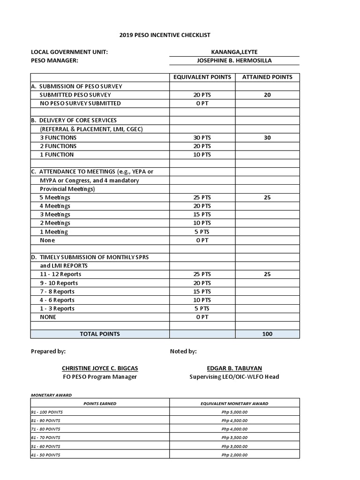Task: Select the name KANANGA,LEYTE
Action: [234, 52]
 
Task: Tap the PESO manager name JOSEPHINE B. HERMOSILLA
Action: [234, 60]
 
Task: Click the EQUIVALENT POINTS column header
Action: [202, 77]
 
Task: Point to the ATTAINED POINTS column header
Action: [267, 77]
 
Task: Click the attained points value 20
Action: [267, 95]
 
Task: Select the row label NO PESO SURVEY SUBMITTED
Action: [80, 103]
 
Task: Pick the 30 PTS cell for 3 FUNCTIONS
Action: [202, 138]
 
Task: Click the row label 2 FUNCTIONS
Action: [58, 146]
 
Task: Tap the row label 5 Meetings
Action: [55, 197]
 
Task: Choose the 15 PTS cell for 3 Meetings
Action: [202, 215]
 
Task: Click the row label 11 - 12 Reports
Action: [60, 274]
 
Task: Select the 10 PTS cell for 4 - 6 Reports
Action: [202, 300]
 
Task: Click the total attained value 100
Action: [267, 334]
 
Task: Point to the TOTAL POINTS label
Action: [100, 334]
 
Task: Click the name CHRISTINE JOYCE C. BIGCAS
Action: [100, 368]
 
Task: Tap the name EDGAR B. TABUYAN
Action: [234, 368]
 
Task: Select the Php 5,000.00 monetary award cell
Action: [234, 412]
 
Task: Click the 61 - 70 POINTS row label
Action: [45, 438]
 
